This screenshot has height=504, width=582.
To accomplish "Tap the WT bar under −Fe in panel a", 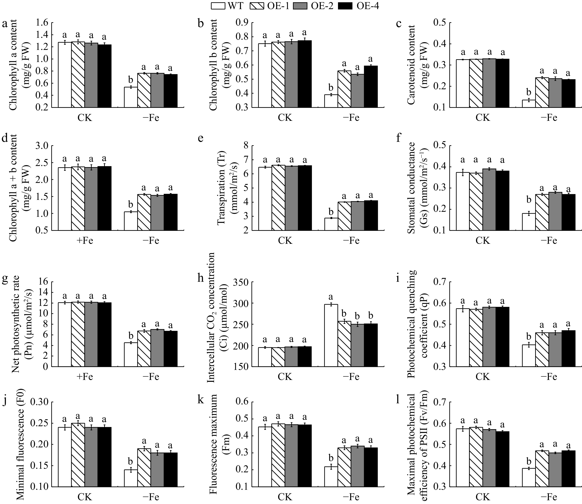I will [x=131, y=97].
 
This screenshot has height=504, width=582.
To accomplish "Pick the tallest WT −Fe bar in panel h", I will [x=331, y=335].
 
